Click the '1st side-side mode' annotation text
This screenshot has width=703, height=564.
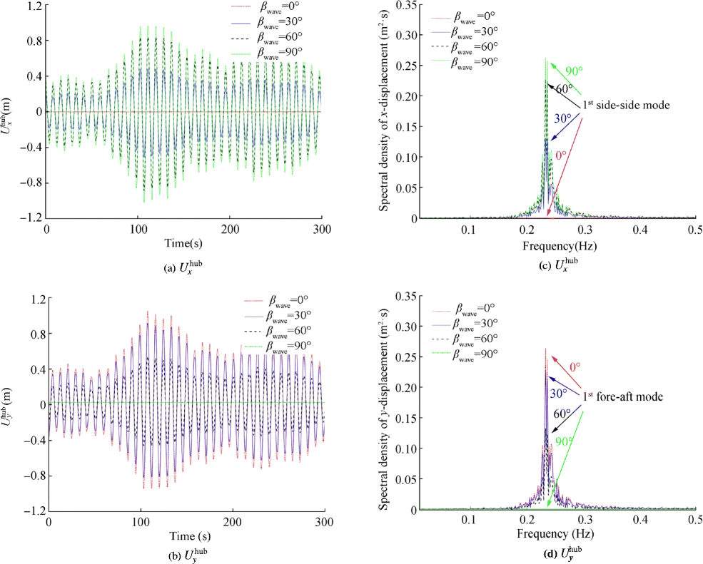tap(626, 105)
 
